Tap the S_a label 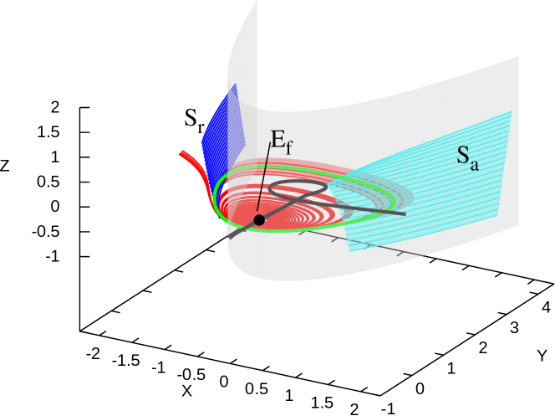466,157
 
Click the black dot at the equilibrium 259,219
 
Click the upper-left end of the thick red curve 182,153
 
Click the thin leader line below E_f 264,180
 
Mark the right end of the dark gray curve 405,213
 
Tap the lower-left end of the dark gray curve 229,237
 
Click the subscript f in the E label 289,148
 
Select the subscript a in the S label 474,164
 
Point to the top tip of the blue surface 236,84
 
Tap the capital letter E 277,139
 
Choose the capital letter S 462,155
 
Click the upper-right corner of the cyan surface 510,111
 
